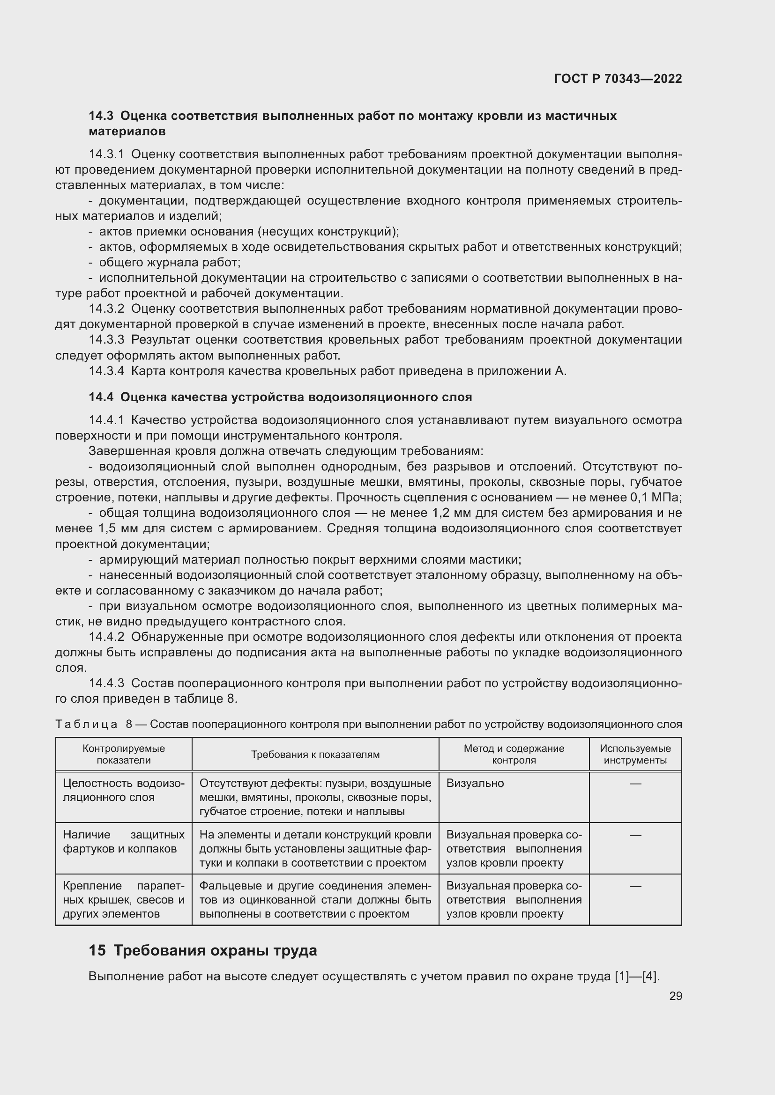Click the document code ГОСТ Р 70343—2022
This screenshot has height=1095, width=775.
tap(618, 79)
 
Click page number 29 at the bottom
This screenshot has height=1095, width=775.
tap(675, 996)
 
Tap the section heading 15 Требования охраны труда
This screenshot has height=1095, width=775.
tap(203, 950)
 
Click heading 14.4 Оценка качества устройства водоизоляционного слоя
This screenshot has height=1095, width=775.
tap(280, 397)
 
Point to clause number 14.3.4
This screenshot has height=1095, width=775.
tap(106, 371)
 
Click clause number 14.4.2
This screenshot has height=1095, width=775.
tap(106, 637)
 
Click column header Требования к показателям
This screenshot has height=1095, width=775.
tap(315, 755)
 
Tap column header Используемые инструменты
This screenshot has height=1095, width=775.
tap(635, 755)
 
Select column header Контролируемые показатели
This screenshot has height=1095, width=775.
tap(124, 755)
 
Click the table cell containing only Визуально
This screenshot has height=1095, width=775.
tap(475, 783)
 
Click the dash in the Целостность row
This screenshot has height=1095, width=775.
tap(635, 783)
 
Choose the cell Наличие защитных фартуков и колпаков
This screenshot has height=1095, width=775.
tap(124, 841)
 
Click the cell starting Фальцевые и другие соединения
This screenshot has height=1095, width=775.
tap(315, 899)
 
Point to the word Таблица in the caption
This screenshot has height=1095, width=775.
tap(86, 724)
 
